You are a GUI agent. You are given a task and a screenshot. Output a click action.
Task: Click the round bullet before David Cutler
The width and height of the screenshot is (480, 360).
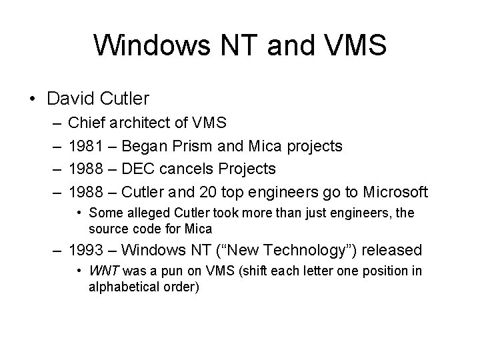coord(32,99)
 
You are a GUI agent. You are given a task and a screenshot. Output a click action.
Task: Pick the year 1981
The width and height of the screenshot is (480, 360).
coord(86,146)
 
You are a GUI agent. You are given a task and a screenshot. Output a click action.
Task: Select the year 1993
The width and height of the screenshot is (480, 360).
coord(86,251)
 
